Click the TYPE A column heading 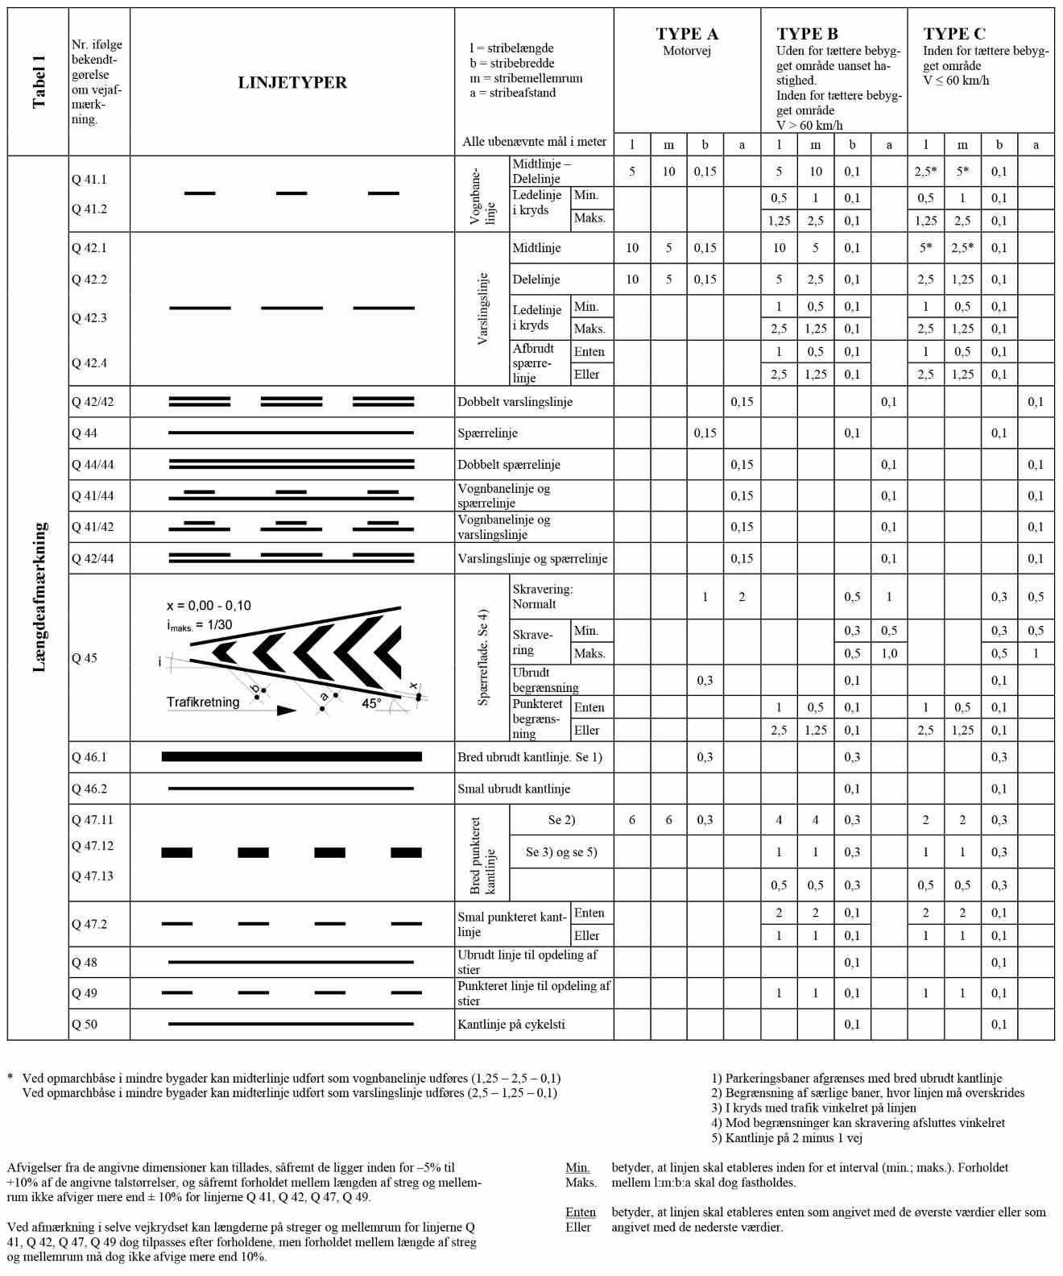pyautogui.click(x=686, y=34)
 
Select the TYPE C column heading pyautogui.click(x=953, y=34)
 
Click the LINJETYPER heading pyautogui.click(x=292, y=82)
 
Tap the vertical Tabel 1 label pyautogui.click(x=39, y=82)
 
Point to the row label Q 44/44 pyautogui.click(x=93, y=465)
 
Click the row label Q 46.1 pyautogui.click(x=89, y=757)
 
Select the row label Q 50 pyautogui.click(x=85, y=1025)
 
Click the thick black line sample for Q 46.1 pyautogui.click(x=292, y=757)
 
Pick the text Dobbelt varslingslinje pyautogui.click(x=515, y=402)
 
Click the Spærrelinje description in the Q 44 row pyautogui.click(x=488, y=433)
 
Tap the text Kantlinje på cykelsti pyautogui.click(x=511, y=1025)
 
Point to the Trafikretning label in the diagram pyautogui.click(x=203, y=702)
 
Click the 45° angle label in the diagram pyautogui.click(x=371, y=703)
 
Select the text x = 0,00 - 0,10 pyautogui.click(x=209, y=606)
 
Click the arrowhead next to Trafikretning pyautogui.click(x=286, y=710)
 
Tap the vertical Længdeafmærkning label pyautogui.click(x=39, y=597)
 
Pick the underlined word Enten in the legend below pyautogui.click(x=581, y=1212)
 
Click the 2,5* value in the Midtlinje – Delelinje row pyautogui.click(x=925, y=172)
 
